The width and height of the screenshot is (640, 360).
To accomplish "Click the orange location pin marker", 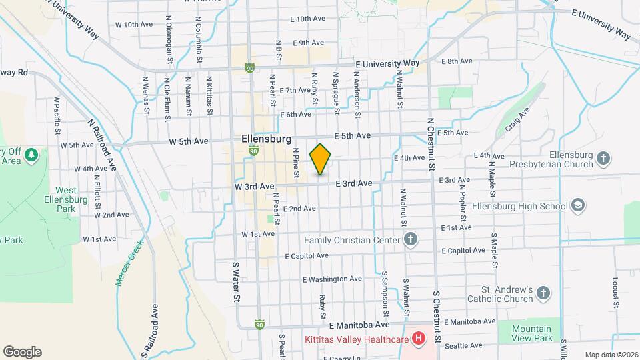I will pos(321,159).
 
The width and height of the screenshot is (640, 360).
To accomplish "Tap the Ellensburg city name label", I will pos(266,139).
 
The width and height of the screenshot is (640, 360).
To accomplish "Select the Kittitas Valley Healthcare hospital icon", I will pos(418,339).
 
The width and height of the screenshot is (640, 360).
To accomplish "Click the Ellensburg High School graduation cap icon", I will pos(578,205).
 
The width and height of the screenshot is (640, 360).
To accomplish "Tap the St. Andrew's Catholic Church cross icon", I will pos(544,294).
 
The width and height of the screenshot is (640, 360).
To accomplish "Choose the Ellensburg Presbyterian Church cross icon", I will pos(603,159).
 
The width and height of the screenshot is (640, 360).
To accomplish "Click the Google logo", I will pos(22,352).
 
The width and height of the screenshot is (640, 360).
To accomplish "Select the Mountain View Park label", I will pos(533,333).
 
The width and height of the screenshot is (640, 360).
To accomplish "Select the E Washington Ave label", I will pos(332,279).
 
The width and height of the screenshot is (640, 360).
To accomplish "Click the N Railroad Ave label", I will pos(102,145).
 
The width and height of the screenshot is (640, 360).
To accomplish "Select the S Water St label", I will pos(235,282).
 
